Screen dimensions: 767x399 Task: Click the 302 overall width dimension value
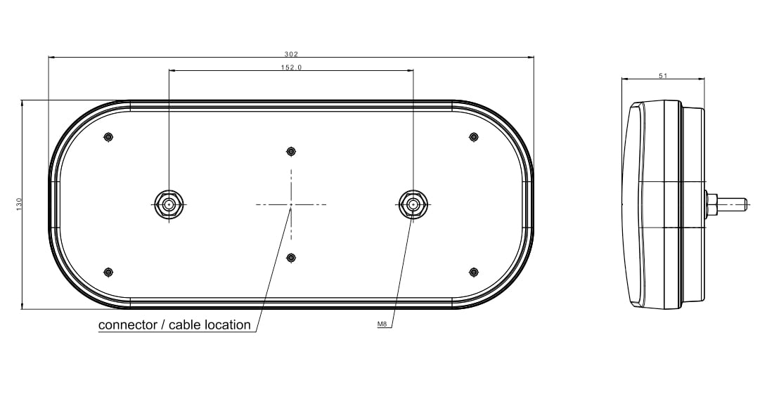pyautogui.click(x=291, y=54)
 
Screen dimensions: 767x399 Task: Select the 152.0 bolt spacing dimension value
pyautogui.click(x=292, y=67)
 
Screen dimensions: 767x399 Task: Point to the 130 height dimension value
pyautogui.click(x=19, y=204)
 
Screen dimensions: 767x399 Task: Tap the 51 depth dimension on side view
pyautogui.click(x=663, y=76)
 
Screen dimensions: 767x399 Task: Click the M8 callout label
pyautogui.click(x=382, y=325)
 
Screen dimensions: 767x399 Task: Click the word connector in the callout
pyautogui.click(x=127, y=325)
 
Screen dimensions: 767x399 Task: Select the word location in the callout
pyautogui.click(x=228, y=325)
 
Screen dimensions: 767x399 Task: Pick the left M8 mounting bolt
pyautogui.click(x=169, y=204)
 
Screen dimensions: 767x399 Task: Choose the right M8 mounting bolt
pyautogui.click(x=413, y=204)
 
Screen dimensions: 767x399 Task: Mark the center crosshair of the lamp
pyautogui.click(x=291, y=204)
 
